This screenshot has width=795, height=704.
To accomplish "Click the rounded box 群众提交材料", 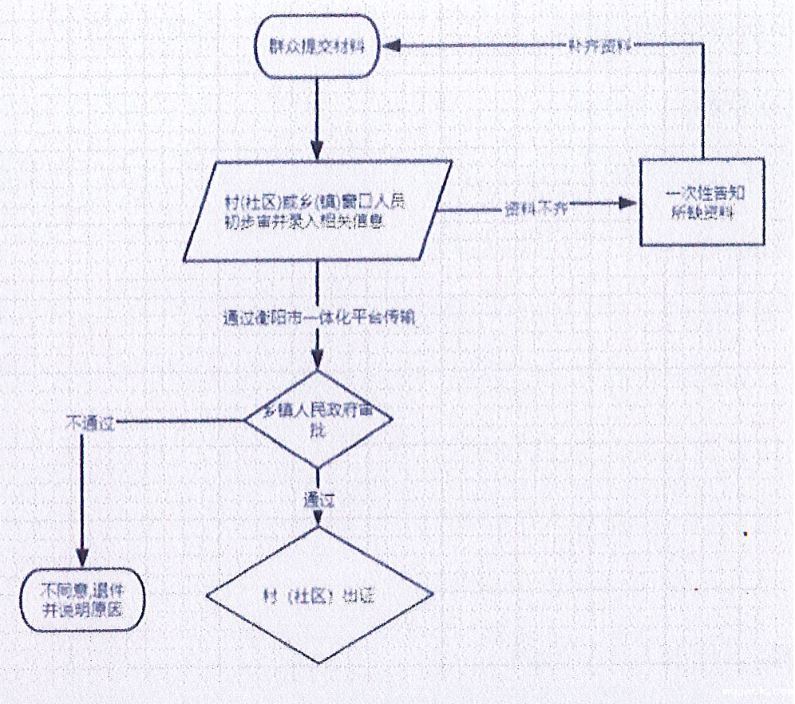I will [x=316, y=46].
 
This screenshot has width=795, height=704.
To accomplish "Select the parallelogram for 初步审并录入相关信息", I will [x=318, y=210].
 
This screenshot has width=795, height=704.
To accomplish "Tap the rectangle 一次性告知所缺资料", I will [x=702, y=202].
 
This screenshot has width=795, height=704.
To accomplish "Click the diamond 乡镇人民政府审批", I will [x=318, y=419].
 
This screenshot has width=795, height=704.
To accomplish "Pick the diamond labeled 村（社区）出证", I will [x=318, y=596].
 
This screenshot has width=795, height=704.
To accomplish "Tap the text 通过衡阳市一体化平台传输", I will [x=321, y=317].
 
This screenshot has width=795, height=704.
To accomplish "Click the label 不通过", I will [x=89, y=422].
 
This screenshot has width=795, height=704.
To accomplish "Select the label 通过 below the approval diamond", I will [x=318, y=501].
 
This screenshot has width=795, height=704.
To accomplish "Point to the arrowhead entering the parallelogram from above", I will [x=318, y=151].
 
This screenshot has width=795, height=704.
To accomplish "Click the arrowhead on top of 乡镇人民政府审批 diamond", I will [x=318, y=361].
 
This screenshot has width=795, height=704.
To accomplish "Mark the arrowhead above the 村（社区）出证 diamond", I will [x=318, y=519].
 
